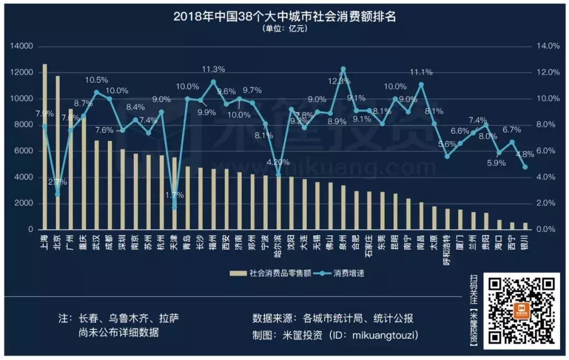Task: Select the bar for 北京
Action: (x=58, y=153)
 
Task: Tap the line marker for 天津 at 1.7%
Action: (x=174, y=207)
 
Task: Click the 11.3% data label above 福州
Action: (x=214, y=69)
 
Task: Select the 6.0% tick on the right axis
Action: (x=547, y=151)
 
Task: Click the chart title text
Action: (x=284, y=16)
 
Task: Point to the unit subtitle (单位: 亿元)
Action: (x=284, y=29)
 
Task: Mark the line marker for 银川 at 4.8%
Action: (x=525, y=167)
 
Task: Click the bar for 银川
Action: (x=525, y=226)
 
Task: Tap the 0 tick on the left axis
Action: (x=31, y=230)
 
